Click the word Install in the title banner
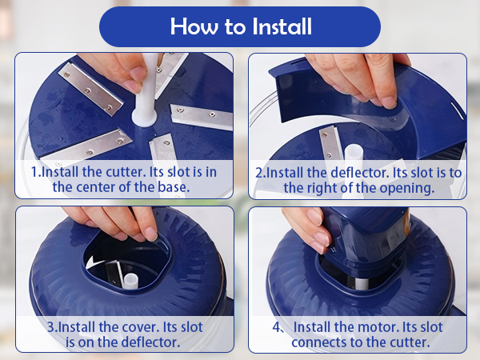(282, 26)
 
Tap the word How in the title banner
(194, 26)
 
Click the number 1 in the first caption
(34, 172)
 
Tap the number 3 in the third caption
(51, 327)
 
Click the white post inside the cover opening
(130, 281)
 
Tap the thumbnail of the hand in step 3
(151, 234)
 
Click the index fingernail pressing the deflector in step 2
(389, 102)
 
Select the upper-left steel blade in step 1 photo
(90, 89)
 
